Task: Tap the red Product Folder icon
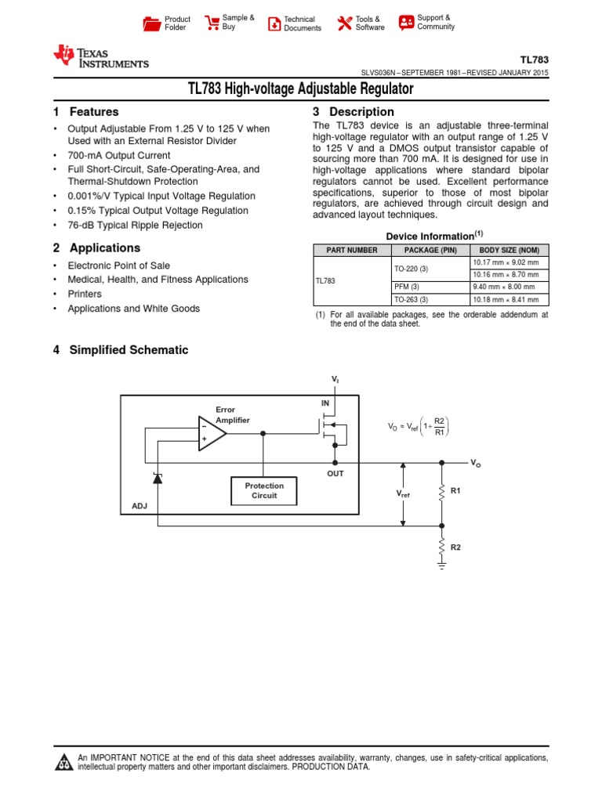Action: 152,23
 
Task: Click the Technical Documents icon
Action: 274,23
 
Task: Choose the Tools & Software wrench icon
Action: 344,23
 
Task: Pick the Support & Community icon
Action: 406,22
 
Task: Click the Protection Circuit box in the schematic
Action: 264,491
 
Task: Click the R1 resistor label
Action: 454,491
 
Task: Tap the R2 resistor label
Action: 454,547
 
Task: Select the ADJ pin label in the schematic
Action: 140,507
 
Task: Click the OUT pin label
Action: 335,474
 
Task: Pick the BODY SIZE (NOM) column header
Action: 509,250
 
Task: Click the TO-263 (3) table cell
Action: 411,299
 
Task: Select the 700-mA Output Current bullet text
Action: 118,155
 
